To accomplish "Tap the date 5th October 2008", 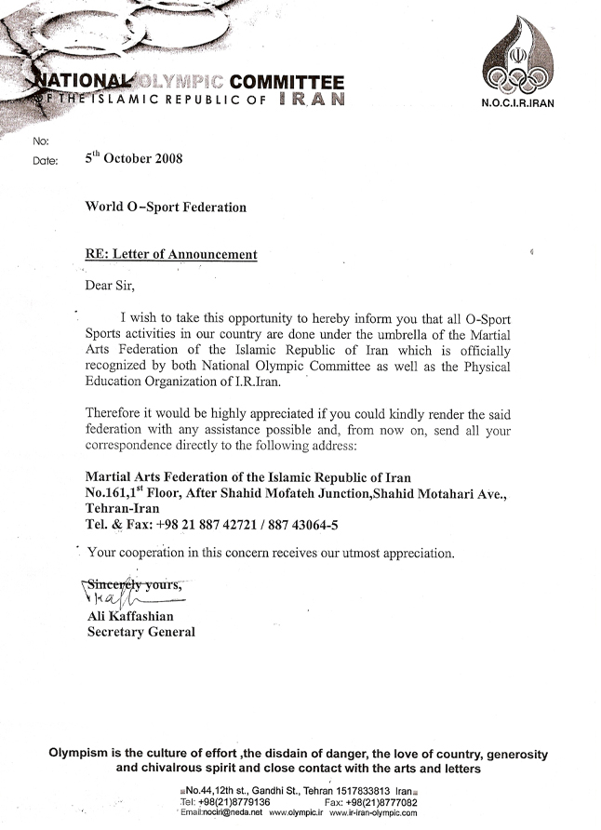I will coord(133,158).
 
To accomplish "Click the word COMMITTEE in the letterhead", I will coord(287,82).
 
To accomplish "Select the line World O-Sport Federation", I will coord(167,207).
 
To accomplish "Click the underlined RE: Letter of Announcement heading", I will coord(171,253).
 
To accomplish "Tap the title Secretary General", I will coord(140,632).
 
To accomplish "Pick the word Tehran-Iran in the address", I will coord(122,509).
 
